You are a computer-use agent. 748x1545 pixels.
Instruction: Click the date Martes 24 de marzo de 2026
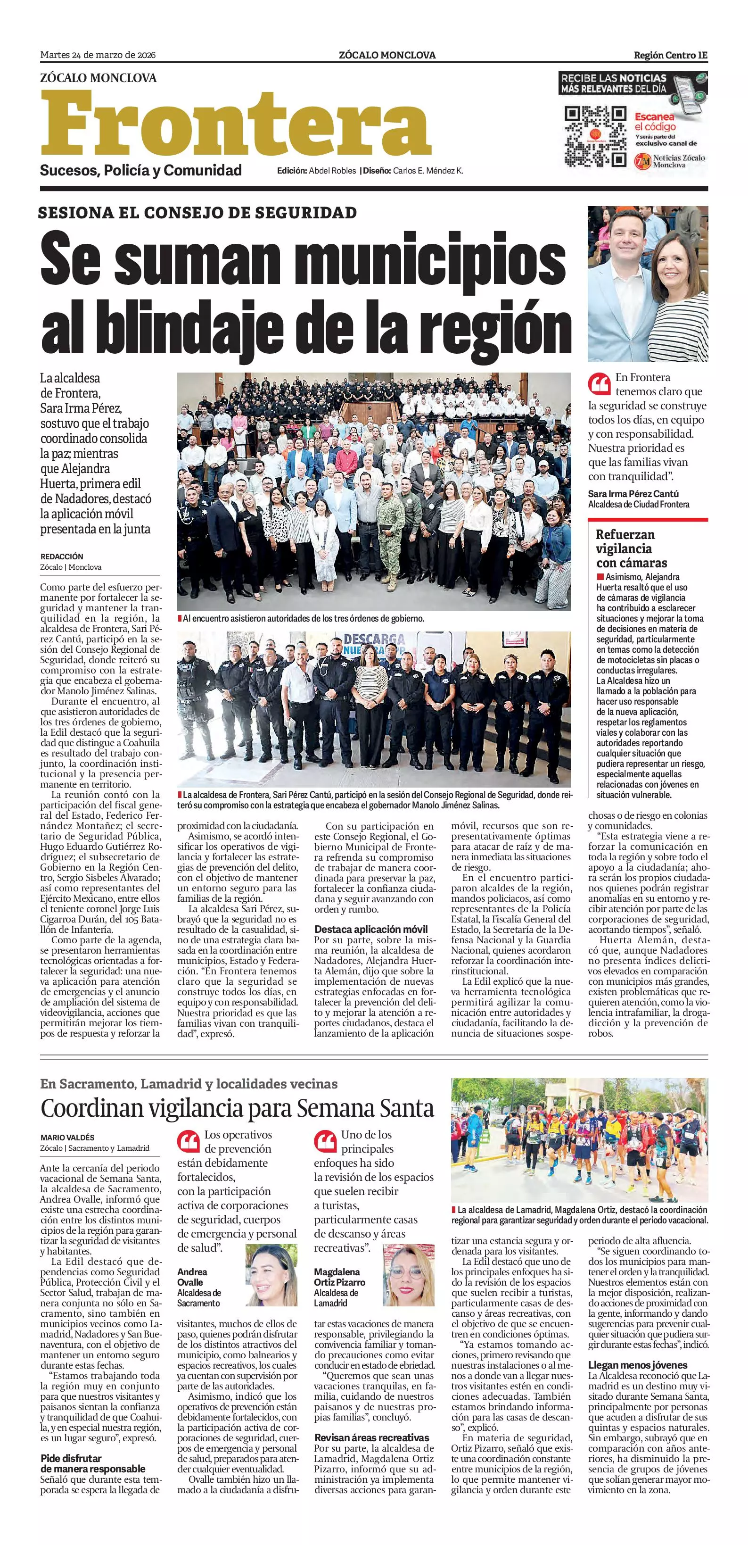[x=98, y=55]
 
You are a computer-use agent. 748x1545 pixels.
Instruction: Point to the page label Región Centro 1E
[x=670, y=55]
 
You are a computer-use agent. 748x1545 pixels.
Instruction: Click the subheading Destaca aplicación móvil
[x=371, y=929]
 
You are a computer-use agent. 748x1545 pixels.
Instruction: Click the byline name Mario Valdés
[x=68, y=1137]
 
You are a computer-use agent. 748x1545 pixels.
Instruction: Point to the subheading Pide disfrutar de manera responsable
[x=92, y=1463]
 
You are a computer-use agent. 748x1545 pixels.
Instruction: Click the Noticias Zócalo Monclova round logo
[x=642, y=161]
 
